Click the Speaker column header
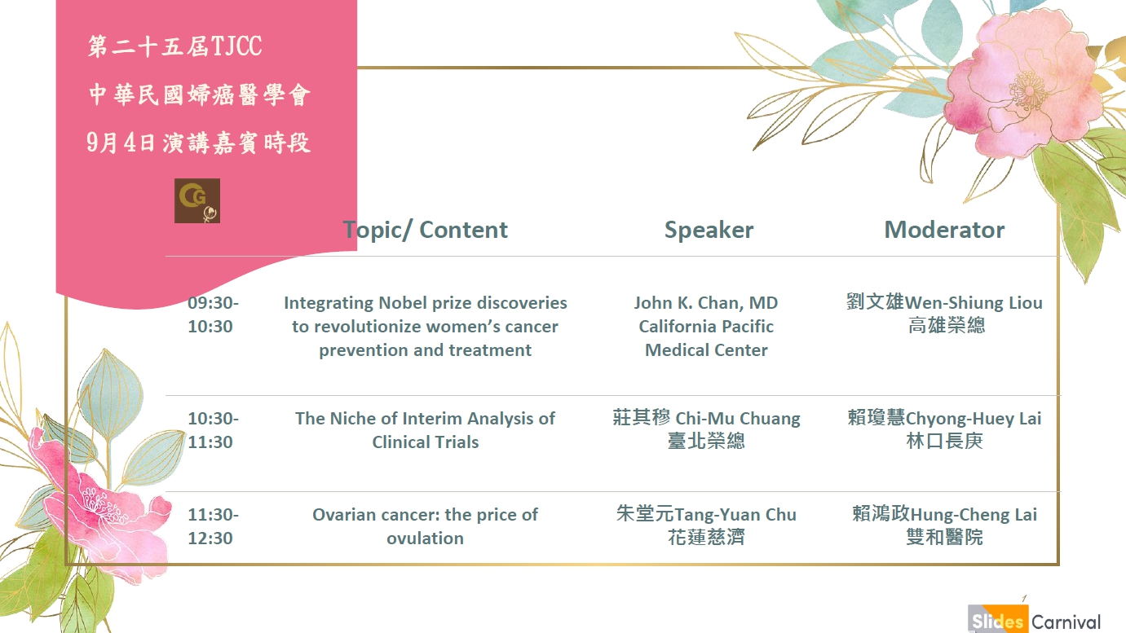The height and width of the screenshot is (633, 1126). [709, 231]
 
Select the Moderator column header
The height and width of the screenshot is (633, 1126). [944, 230]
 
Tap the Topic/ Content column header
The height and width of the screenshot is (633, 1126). [426, 230]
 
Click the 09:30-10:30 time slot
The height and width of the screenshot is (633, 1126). [213, 314]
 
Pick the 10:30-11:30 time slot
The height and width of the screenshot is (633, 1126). [213, 430]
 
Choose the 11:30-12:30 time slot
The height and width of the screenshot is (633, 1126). [213, 526]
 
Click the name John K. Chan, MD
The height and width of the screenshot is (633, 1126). [706, 303]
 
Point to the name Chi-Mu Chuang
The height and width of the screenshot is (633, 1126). [737, 419]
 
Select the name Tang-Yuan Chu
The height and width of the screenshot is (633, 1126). [735, 515]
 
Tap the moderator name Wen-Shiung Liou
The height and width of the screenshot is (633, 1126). [974, 303]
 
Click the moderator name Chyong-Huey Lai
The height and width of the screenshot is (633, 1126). [974, 419]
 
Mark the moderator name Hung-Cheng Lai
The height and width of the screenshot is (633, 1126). [974, 515]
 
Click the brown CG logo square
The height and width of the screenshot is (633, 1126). [197, 200]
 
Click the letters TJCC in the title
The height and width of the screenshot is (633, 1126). [236, 46]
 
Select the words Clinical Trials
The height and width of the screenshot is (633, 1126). [426, 442]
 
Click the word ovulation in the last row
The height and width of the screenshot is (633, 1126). [426, 538]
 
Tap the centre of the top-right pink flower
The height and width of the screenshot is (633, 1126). [1028, 90]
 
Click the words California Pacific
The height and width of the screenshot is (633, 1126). [706, 327]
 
